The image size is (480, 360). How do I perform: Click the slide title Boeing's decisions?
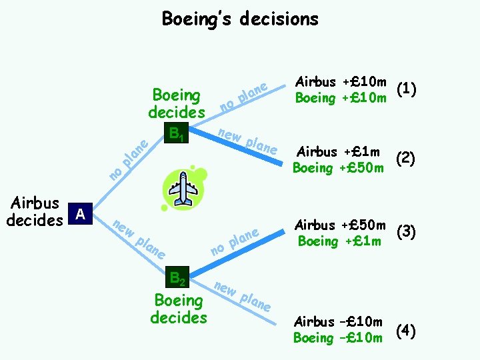(240, 19)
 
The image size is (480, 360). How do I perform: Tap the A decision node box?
(81, 213)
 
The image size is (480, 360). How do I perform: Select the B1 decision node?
(177, 133)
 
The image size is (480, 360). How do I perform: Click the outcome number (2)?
(405, 159)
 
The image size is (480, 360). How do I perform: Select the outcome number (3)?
(405, 232)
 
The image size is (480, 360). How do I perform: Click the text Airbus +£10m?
(341, 81)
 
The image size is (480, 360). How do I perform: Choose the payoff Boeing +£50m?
(339, 167)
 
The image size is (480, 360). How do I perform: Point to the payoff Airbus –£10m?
(339, 322)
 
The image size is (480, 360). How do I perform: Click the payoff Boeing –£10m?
(338, 338)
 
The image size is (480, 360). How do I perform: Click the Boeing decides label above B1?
(177, 103)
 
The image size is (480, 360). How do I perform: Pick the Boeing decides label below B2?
(178, 309)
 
